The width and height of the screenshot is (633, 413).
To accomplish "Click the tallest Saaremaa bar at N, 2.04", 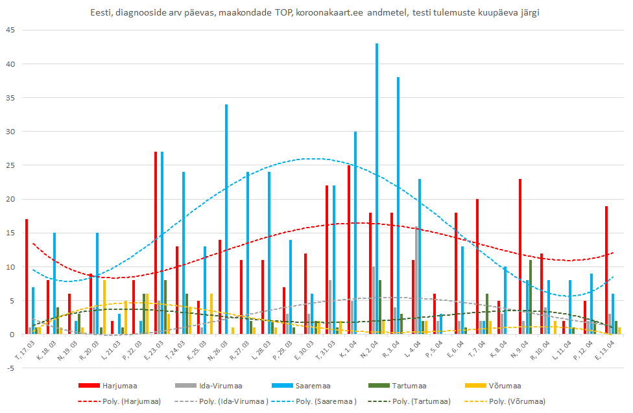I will (x=377, y=188).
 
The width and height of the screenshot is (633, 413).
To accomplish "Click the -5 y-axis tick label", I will (x=9, y=368).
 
